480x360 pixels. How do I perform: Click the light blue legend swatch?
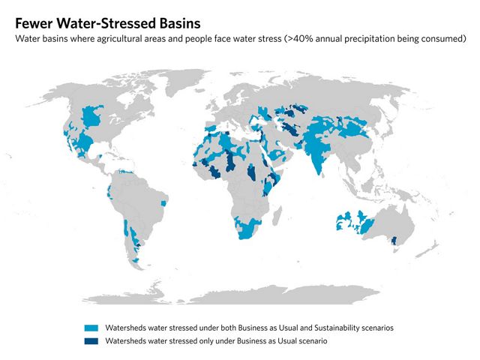91,328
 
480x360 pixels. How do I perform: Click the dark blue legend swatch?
91,341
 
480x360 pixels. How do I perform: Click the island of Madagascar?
277,216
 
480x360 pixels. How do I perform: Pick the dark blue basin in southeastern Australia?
394,240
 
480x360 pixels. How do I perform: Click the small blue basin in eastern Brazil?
164,203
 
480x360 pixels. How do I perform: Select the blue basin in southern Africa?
247,228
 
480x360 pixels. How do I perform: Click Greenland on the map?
186,81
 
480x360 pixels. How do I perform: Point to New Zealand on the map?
428,248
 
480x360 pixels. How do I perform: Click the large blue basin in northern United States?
91,116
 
